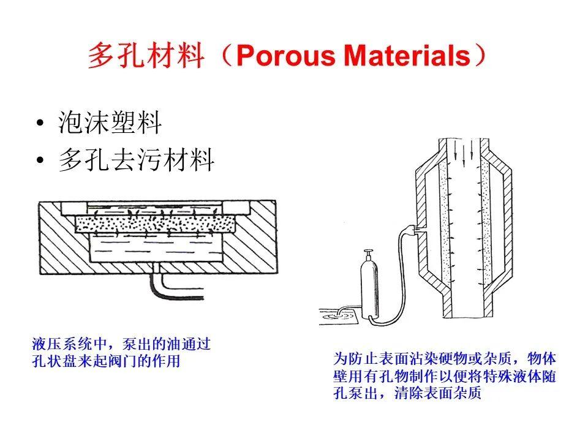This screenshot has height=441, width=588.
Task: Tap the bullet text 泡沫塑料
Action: coord(110,123)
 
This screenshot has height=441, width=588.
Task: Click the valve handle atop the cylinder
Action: coord(368,253)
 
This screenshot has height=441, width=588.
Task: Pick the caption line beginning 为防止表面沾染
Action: coord(444,358)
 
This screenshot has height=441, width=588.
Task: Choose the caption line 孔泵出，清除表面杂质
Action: coord(407,393)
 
